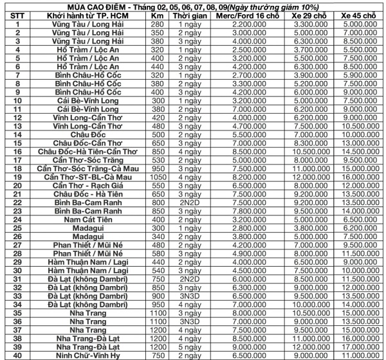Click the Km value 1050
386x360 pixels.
click(x=158, y=177)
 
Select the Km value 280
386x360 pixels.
click(x=158, y=24)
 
